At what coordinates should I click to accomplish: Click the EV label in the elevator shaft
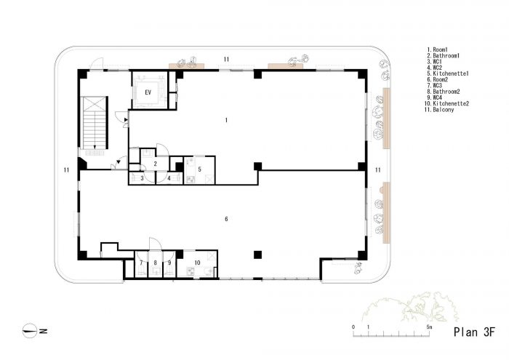pyautogui.click(x=148, y=92)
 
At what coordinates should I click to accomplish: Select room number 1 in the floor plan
pyautogui.click(x=226, y=120)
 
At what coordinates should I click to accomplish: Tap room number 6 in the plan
pyautogui.click(x=226, y=219)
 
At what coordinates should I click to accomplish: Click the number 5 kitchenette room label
pyautogui.click(x=200, y=169)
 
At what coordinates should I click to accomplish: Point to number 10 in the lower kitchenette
pyautogui.click(x=197, y=263)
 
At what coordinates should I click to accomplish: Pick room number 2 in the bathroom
pyautogui.click(x=155, y=164)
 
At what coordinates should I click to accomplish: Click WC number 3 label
pyautogui.click(x=142, y=178)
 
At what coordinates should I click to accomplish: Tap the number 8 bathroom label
pyautogui.click(x=155, y=263)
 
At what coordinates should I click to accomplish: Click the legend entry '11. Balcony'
pyautogui.click(x=439, y=110)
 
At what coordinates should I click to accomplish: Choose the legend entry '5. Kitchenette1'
pyautogui.click(x=448, y=73)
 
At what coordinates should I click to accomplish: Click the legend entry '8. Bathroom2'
pyautogui.click(x=443, y=92)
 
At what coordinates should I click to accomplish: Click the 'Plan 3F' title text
pyautogui.click(x=474, y=332)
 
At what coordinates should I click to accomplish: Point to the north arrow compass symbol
pyautogui.click(x=30, y=331)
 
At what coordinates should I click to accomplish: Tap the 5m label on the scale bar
pyautogui.click(x=429, y=327)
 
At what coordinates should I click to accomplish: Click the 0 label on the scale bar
pyautogui.click(x=353, y=327)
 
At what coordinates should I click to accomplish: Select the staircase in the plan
pyautogui.click(x=94, y=123)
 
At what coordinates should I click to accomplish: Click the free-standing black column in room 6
pyautogui.click(x=257, y=255)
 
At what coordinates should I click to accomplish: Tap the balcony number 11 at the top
pyautogui.click(x=226, y=60)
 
